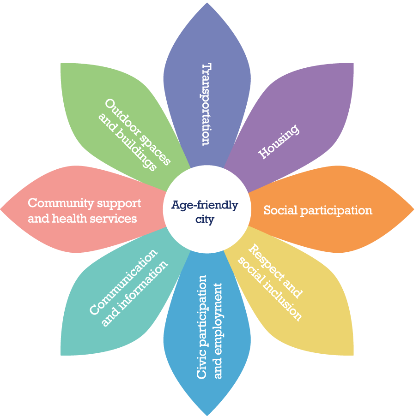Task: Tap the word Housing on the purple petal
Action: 279,142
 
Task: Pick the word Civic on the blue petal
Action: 202,367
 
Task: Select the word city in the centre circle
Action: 205,220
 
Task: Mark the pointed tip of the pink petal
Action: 2,209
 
